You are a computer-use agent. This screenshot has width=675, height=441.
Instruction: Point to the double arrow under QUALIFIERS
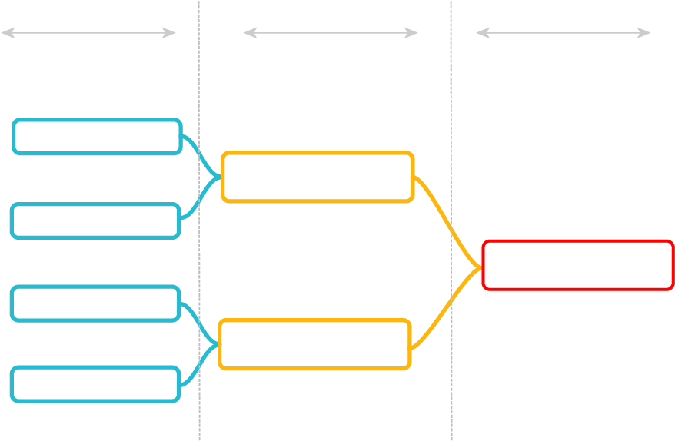(x=88, y=33)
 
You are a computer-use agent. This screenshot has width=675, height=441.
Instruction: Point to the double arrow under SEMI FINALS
(x=330, y=33)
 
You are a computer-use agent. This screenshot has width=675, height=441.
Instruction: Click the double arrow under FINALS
(x=564, y=33)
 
